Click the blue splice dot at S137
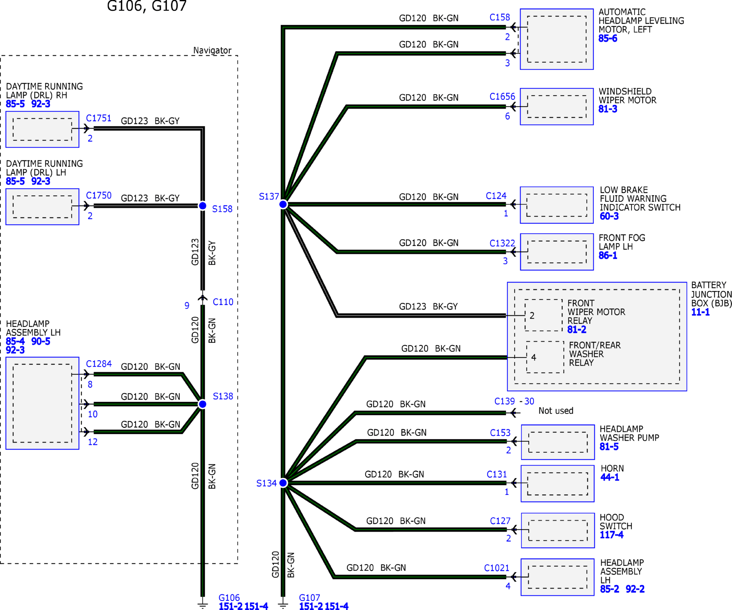tap(283, 204)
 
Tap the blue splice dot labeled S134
tap(283, 483)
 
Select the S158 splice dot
tap(202, 206)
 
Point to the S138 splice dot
tap(202, 404)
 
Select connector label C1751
tap(99, 118)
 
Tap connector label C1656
tap(502, 96)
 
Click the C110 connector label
tap(223, 302)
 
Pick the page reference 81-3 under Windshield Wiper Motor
tap(608, 109)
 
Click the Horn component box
tap(557, 484)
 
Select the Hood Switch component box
tap(558, 530)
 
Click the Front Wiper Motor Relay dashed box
tap(543, 315)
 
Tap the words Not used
tap(556, 411)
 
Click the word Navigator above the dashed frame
tap(212, 50)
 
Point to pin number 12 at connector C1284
tap(93, 442)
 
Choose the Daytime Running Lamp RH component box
tap(43, 129)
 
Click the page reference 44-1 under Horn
tap(610, 477)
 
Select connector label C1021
tap(497, 568)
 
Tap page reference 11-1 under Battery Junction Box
tap(701, 312)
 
